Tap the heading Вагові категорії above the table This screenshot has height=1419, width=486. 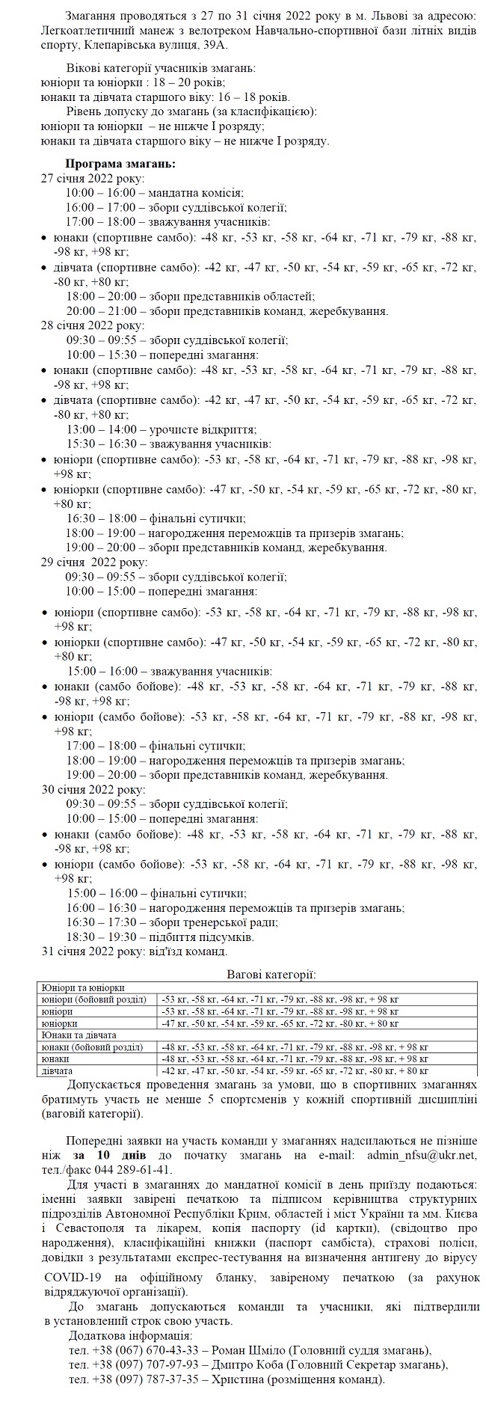point(271,974)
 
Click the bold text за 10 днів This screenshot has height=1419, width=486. point(89,1155)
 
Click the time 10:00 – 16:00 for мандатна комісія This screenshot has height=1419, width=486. point(101,193)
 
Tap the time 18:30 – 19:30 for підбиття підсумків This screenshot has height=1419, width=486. point(103,937)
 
